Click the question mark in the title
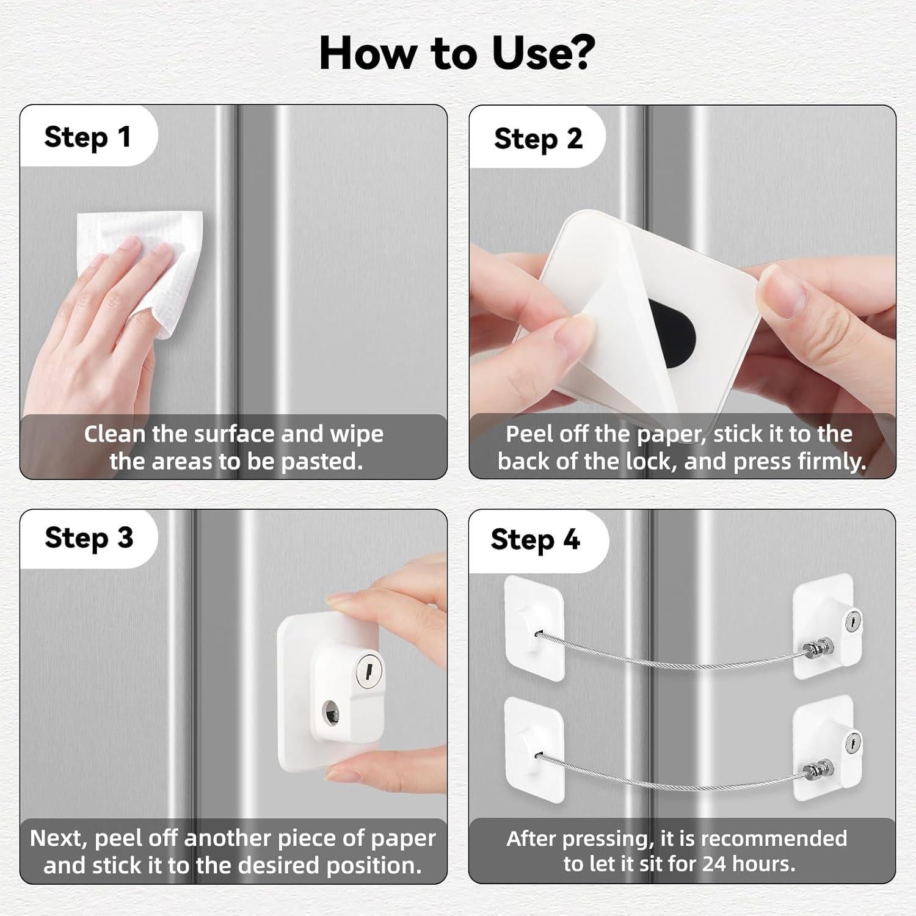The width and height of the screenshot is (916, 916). coord(578,53)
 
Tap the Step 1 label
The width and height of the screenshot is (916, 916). coord(87,137)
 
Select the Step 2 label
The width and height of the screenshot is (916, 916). coord(538,139)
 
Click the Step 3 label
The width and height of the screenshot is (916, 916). coord(89,538)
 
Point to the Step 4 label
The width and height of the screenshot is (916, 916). coord(535,540)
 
